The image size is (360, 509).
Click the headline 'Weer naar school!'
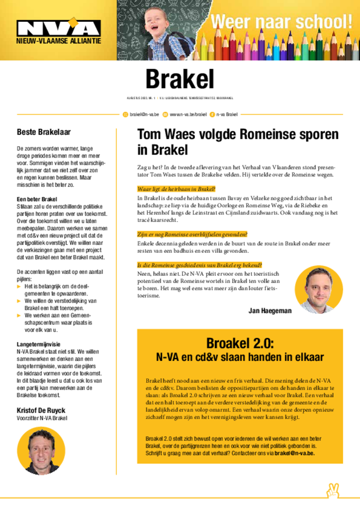click(281, 22)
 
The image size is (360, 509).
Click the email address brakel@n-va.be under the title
click(144, 114)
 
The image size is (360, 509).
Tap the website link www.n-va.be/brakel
click(188, 114)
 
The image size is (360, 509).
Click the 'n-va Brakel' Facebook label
click(227, 114)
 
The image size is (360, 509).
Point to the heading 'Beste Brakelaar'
click(44, 132)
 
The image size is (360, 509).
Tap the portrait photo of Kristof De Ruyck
click(41, 450)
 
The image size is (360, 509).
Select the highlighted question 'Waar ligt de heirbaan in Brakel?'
click(176, 189)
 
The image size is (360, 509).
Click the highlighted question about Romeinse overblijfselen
click(192, 234)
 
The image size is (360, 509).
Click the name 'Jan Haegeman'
click(270, 311)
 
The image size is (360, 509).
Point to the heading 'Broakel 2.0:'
click(240, 343)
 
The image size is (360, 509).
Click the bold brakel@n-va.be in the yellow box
click(294, 453)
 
